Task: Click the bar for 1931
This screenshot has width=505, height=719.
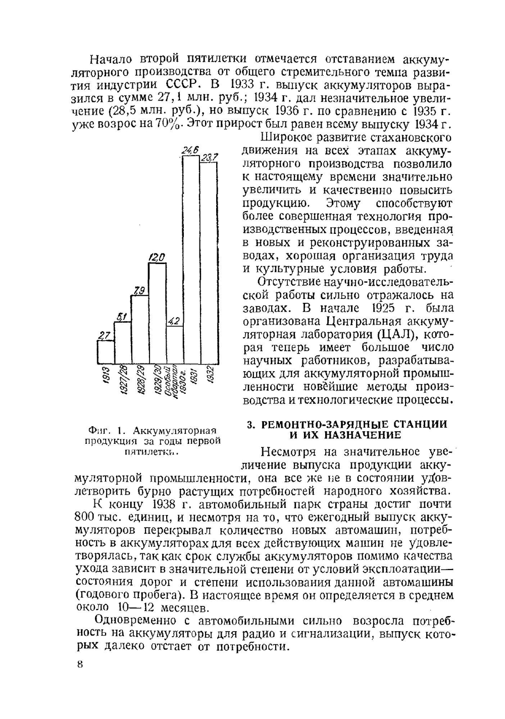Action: point(191,260)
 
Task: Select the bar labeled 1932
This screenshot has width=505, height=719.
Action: point(209,263)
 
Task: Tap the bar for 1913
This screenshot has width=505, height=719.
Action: point(106,352)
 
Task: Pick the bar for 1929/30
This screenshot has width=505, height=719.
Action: point(157,313)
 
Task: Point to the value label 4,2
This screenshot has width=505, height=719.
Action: point(173,321)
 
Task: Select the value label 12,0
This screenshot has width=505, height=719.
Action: point(157,258)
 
